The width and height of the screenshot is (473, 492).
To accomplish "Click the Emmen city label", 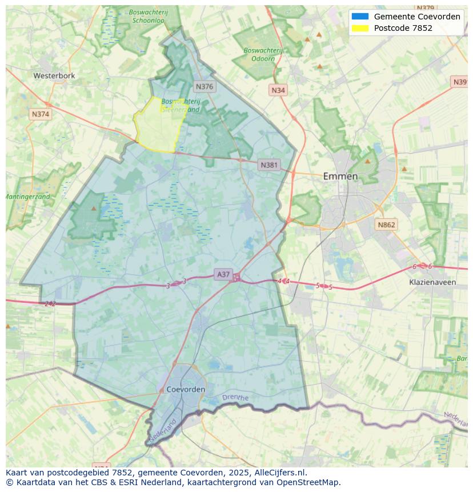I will tap(340, 176).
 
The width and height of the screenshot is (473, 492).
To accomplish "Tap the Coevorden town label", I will tap(186, 389).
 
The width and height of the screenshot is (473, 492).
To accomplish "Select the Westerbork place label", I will tap(54, 75).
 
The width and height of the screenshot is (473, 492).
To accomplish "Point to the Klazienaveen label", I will tap(432, 282).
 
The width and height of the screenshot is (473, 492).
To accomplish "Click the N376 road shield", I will tap(204, 86).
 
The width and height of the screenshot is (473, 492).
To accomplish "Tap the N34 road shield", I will tap(278, 90).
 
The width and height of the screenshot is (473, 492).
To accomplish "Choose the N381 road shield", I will tap(269, 165).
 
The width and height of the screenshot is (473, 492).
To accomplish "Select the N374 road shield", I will tap(41, 114).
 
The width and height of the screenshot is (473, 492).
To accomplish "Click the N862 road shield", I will tap(386, 225).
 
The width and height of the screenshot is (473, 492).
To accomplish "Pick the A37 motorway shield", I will tap(223, 275).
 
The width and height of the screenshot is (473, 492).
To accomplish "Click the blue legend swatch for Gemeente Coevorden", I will tap(360, 17).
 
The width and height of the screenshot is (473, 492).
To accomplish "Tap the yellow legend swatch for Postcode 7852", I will tap(360, 28).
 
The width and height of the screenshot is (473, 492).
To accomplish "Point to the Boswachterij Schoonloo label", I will tap(148, 15).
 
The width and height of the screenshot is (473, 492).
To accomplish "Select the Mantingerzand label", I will tap(27, 197).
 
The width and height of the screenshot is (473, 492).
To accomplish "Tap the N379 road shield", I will tap(426, 7).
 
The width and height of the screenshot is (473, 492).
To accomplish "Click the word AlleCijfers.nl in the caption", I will tap(281, 473).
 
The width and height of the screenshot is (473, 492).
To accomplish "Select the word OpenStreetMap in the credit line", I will tap(308, 482).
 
